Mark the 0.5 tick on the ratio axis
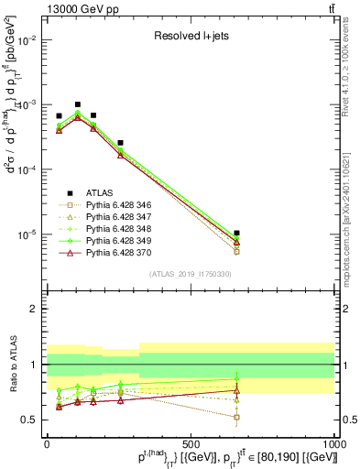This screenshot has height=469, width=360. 28,420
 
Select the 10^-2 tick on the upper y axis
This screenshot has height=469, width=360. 25,41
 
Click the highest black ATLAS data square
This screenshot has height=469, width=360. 78,104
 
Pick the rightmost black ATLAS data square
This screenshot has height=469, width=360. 237,234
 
